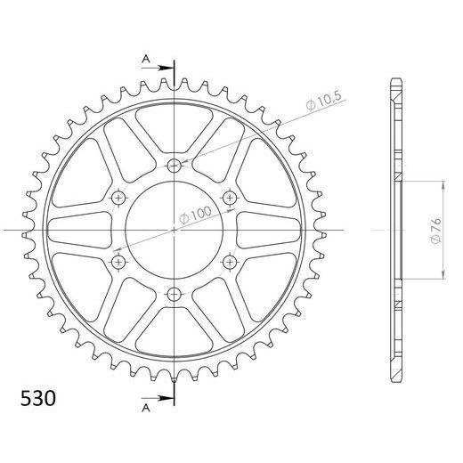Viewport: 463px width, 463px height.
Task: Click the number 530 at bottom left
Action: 38,398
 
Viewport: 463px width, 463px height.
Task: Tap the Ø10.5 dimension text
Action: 324,102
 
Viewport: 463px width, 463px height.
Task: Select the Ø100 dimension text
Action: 196,215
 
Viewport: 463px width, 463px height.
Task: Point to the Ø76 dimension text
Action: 435,231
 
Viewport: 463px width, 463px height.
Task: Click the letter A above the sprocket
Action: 146,59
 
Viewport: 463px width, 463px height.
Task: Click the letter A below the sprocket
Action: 146,409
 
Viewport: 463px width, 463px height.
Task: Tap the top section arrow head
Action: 164,68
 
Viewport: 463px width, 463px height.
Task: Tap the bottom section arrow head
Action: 164,398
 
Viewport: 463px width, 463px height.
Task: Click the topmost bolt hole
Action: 175,166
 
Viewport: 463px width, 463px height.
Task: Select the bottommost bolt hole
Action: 175,295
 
